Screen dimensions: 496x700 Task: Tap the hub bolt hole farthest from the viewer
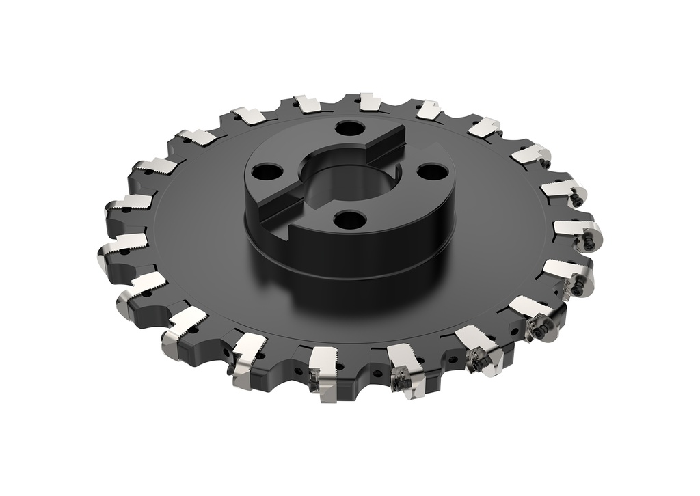(x=351, y=128)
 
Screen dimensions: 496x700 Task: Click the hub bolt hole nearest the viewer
(x=351, y=219)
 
